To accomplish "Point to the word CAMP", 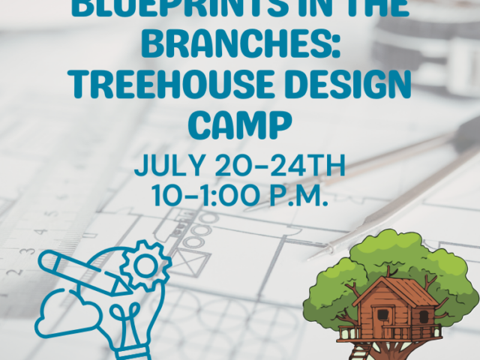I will (x=240, y=124).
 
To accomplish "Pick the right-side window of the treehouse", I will (x=421, y=314).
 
